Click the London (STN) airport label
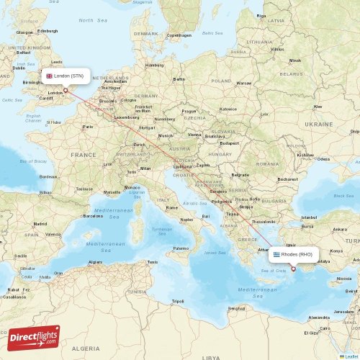click(x=69, y=76)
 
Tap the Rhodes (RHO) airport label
click(x=297, y=254)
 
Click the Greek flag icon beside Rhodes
click(x=276, y=254)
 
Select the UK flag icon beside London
click(x=50, y=76)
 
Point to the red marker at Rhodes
click(x=293, y=269)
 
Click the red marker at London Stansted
click(x=66, y=91)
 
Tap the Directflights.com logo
click(x=34, y=337)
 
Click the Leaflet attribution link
click(x=348, y=356)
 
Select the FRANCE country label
click(x=83, y=155)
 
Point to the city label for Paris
click(x=88, y=127)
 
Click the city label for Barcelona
click(x=93, y=215)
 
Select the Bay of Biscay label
click(x=32, y=162)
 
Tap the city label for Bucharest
click(x=288, y=179)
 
